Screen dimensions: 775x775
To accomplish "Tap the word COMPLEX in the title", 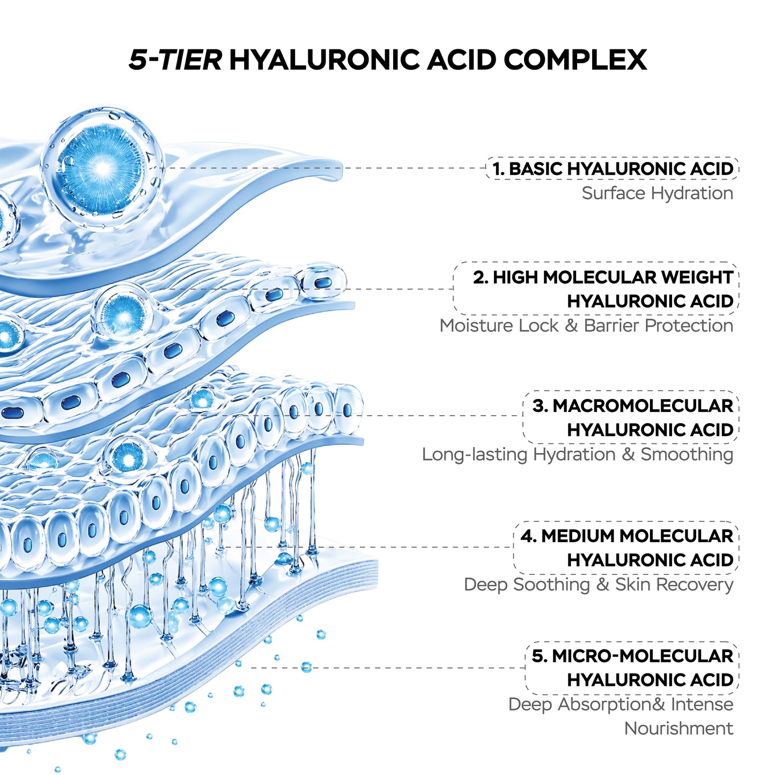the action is click(x=575, y=60).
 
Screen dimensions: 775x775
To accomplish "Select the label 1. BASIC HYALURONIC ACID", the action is click(x=613, y=168).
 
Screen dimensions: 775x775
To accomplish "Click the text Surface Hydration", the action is click(x=658, y=194).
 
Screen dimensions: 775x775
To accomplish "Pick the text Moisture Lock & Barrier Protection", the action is click(x=586, y=326).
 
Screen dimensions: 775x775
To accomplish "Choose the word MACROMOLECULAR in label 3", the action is click(x=643, y=406).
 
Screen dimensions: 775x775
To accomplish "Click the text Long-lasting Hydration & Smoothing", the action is click(x=578, y=454).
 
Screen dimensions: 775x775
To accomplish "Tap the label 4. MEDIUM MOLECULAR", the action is click(x=627, y=536).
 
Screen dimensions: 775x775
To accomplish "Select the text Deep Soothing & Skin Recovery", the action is click(x=599, y=585).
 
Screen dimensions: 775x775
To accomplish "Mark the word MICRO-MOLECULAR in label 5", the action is click(x=643, y=656).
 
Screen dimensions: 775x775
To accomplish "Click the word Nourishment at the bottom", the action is click(x=679, y=728).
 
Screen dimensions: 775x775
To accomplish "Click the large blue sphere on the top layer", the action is click(x=102, y=169).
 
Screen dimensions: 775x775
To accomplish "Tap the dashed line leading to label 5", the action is click(x=388, y=668).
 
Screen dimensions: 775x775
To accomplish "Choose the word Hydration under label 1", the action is click(x=692, y=194).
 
